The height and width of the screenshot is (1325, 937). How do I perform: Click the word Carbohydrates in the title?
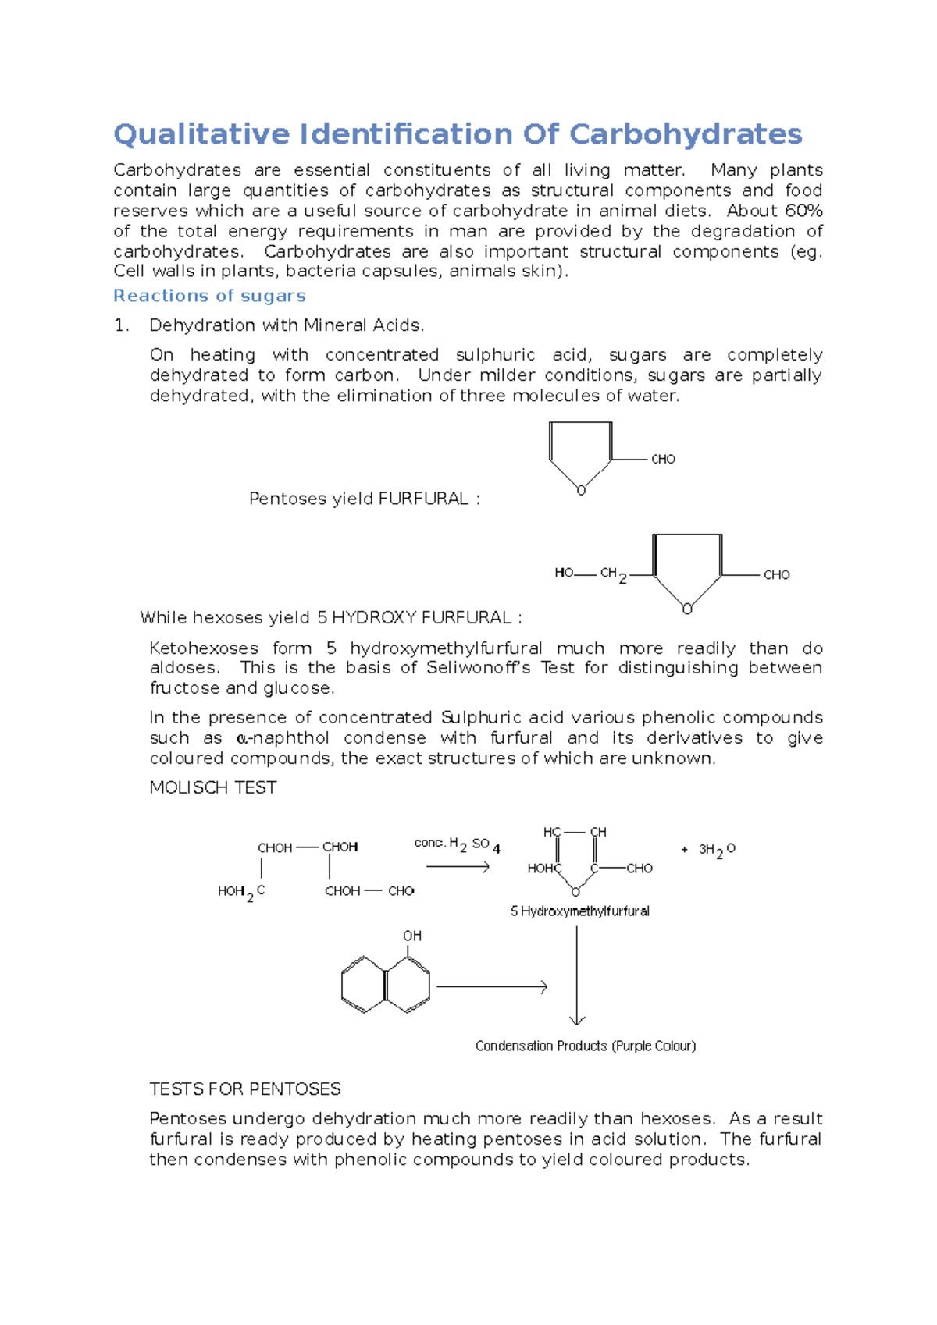685,134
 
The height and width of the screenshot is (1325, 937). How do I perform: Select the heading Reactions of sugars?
209,296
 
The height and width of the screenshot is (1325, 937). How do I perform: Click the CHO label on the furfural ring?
663,460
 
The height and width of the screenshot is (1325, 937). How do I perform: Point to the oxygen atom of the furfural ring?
581,491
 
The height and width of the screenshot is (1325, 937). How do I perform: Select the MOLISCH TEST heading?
212,788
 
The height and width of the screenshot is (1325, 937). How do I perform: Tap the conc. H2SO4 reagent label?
457,845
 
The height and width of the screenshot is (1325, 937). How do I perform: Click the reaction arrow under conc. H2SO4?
458,867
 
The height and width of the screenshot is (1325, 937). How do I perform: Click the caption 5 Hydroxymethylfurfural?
579,911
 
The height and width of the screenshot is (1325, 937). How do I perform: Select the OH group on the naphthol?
412,936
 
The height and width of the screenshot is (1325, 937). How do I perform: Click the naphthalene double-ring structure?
386,986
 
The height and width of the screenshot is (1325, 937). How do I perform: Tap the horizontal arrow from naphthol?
492,987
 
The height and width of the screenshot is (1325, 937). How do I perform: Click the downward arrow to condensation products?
577,975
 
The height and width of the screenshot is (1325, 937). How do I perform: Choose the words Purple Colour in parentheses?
654,1046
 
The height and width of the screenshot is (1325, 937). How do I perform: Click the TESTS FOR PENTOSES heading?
245,1089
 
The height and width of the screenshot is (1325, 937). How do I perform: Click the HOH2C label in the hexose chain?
240,892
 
